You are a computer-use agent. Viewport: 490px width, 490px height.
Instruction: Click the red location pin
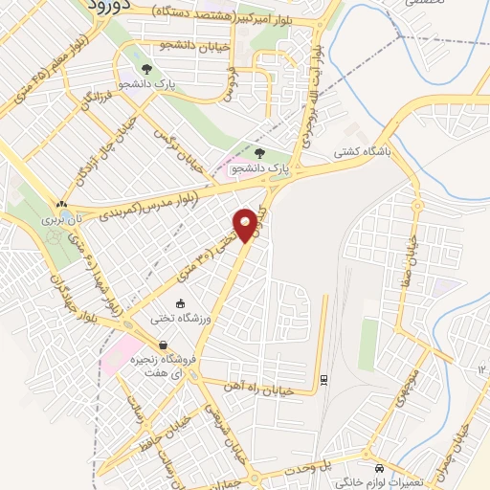[x=247, y=225]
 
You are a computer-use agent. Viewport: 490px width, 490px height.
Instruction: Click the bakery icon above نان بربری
[x=62, y=204]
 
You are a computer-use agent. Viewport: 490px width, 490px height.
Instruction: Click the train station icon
[x=325, y=378]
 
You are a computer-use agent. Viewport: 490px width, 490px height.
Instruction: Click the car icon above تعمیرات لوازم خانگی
[x=381, y=468]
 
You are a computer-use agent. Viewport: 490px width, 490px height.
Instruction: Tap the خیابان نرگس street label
[x=182, y=150]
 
